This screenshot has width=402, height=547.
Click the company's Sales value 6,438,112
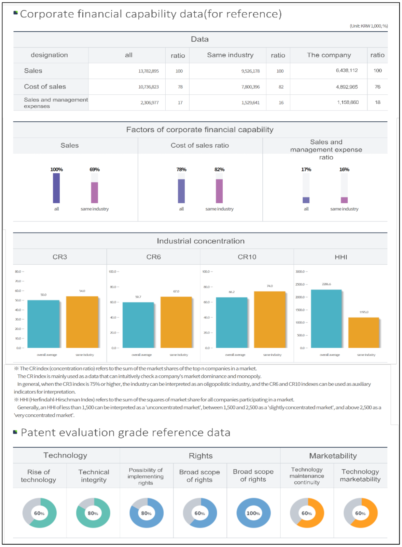tap(347, 70)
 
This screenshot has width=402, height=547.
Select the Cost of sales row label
tap(45, 87)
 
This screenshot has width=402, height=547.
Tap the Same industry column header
tap(230, 55)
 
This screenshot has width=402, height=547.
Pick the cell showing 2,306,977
tap(149, 103)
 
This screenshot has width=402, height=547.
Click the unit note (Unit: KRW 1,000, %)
tap(369, 26)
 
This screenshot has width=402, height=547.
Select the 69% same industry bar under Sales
tap(95, 192)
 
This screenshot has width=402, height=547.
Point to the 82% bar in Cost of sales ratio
tap(219, 191)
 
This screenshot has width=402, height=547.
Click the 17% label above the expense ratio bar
tap(306, 170)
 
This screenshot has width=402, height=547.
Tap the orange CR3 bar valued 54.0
tap(82, 322)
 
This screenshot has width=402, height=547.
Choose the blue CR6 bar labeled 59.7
tap(138, 325)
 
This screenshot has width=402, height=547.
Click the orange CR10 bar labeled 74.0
tap(269, 320)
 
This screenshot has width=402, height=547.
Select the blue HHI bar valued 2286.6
tap(326, 319)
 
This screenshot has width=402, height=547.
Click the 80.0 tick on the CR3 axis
tap(18, 271)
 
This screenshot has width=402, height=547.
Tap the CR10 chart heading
tap(247, 257)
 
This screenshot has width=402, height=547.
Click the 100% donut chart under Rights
tap(253, 513)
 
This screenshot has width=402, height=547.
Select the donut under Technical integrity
tap(93, 513)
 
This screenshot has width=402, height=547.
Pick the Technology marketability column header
tap(360, 475)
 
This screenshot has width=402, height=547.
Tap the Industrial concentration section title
tap(200, 241)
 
